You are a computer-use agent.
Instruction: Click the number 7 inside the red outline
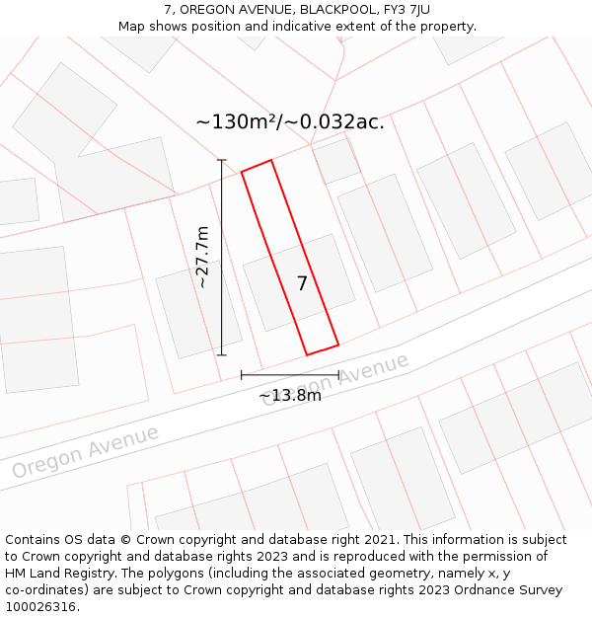tap(303, 283)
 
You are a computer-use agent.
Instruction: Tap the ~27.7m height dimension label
tap(202, 257)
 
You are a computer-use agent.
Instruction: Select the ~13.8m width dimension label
tap(290, 396)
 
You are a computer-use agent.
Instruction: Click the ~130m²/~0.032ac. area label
tap(290, 122)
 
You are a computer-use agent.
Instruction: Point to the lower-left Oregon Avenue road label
tap(85, 453)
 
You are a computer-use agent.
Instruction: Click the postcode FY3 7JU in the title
tap(405, 10)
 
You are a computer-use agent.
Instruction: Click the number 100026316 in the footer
tap(39, 607)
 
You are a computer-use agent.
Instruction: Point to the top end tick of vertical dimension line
tap(222, 160)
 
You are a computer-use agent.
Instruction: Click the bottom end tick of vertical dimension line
tap(222, 354)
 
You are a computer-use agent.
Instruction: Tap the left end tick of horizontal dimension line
tap(242, 375)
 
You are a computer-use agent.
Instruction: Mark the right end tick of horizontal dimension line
tap(338, 375)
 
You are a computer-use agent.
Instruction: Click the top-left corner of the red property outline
tap(242, 172)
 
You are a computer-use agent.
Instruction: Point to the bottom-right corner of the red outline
tap(338, 345)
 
